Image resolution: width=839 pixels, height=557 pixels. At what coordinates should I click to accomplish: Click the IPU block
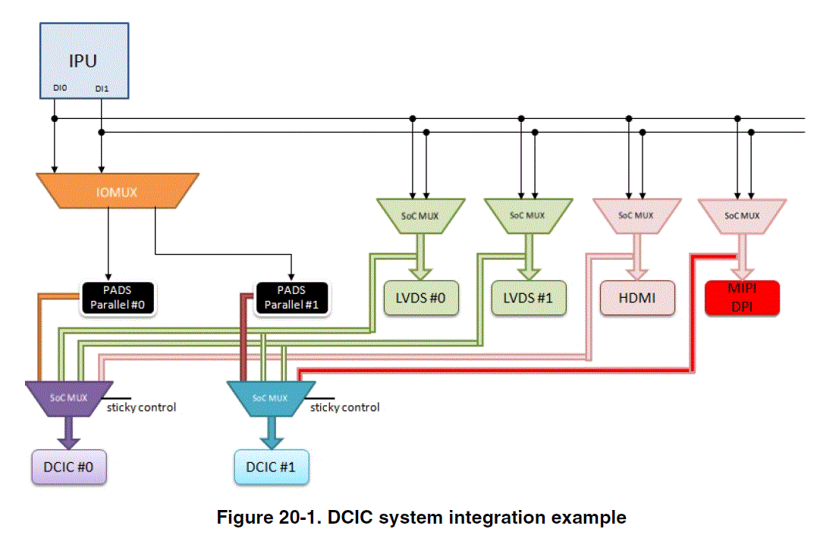(x=83, y=60)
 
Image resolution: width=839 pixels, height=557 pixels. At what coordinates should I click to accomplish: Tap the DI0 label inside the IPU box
(x=60, y=89)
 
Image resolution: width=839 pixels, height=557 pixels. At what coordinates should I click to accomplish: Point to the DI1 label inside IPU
(x=102, y=89)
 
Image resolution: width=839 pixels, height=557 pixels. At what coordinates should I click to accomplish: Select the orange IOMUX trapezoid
(x=117, y=192)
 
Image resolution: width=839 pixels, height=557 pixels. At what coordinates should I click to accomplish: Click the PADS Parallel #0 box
(x=118, y=296)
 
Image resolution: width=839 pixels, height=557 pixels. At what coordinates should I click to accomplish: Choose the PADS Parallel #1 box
(x=291, y=296)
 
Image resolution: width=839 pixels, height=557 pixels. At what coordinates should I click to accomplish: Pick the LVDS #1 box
(x=528, y=297)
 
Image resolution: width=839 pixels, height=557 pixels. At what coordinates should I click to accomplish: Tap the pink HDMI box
(x=637, y=297)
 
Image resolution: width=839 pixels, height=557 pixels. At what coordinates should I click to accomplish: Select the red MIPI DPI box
(x=743, y=297)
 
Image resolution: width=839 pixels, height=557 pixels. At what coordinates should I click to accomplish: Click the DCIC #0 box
(x=68, y=466)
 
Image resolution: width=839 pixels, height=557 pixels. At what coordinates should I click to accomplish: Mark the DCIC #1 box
(x=271, y=466)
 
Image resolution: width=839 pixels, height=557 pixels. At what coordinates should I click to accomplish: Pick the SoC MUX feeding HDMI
(x=636, y=215)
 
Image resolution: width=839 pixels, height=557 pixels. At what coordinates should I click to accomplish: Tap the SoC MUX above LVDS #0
(x=419, y=215)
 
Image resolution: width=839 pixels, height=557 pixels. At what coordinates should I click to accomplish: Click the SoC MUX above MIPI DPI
(x=743, y=215)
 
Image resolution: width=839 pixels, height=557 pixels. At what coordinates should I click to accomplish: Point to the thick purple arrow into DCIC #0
(x=68, y=432)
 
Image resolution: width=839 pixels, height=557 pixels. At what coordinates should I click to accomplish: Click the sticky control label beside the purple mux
(x=142, y=408)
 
